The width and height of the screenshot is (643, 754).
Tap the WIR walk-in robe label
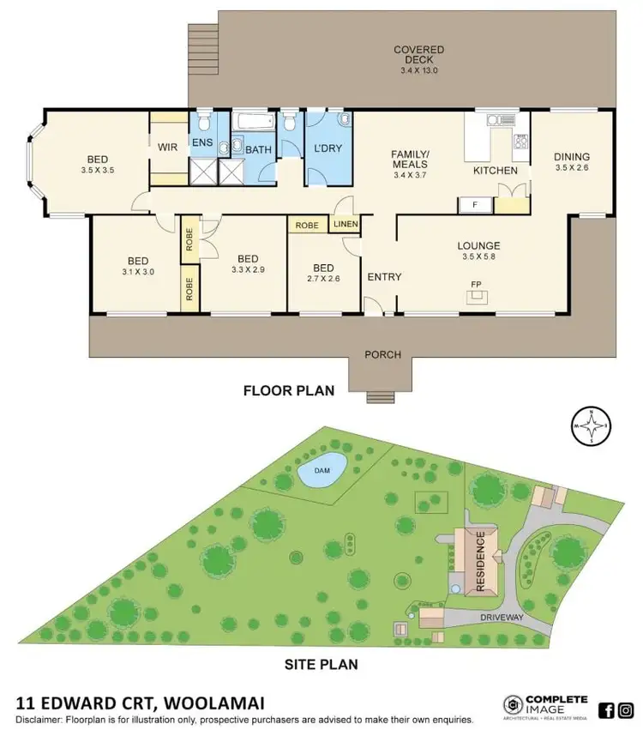[x=167, y=147]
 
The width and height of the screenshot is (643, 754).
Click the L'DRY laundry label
[x=328, y=148]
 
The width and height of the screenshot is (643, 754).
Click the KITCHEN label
[x=496, y=171]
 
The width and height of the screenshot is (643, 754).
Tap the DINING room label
[x=572, y=156]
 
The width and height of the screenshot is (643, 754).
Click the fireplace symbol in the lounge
[x=477, y=297]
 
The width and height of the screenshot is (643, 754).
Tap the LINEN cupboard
[x=347, y=225]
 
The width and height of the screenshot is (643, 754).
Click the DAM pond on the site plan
[x=321, y=469]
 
